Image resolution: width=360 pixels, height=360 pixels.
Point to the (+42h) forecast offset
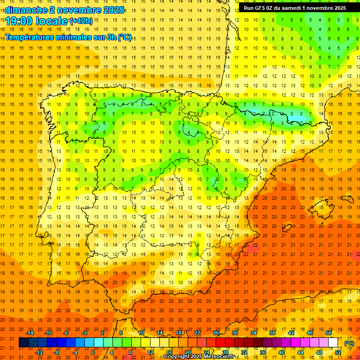[81, 21]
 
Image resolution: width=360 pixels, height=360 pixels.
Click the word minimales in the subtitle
[72, 37]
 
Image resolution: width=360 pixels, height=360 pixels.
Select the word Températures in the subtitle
[29, 37]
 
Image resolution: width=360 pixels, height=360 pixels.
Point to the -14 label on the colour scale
[30, 333]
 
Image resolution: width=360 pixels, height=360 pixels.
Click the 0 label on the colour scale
[93, 352]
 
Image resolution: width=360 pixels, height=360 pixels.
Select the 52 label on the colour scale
[338, 352]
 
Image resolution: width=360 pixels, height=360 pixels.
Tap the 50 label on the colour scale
[329, 333]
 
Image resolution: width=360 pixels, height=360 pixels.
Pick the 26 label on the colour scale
[216, 333]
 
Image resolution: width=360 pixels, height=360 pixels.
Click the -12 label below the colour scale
[39, 352]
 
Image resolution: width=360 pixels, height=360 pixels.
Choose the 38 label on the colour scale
[272, 333]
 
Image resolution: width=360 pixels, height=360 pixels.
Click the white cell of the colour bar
[333, 343]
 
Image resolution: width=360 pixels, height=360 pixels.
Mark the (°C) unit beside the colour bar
[349, 343]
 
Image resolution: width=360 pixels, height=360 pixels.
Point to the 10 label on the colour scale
[141, 333]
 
